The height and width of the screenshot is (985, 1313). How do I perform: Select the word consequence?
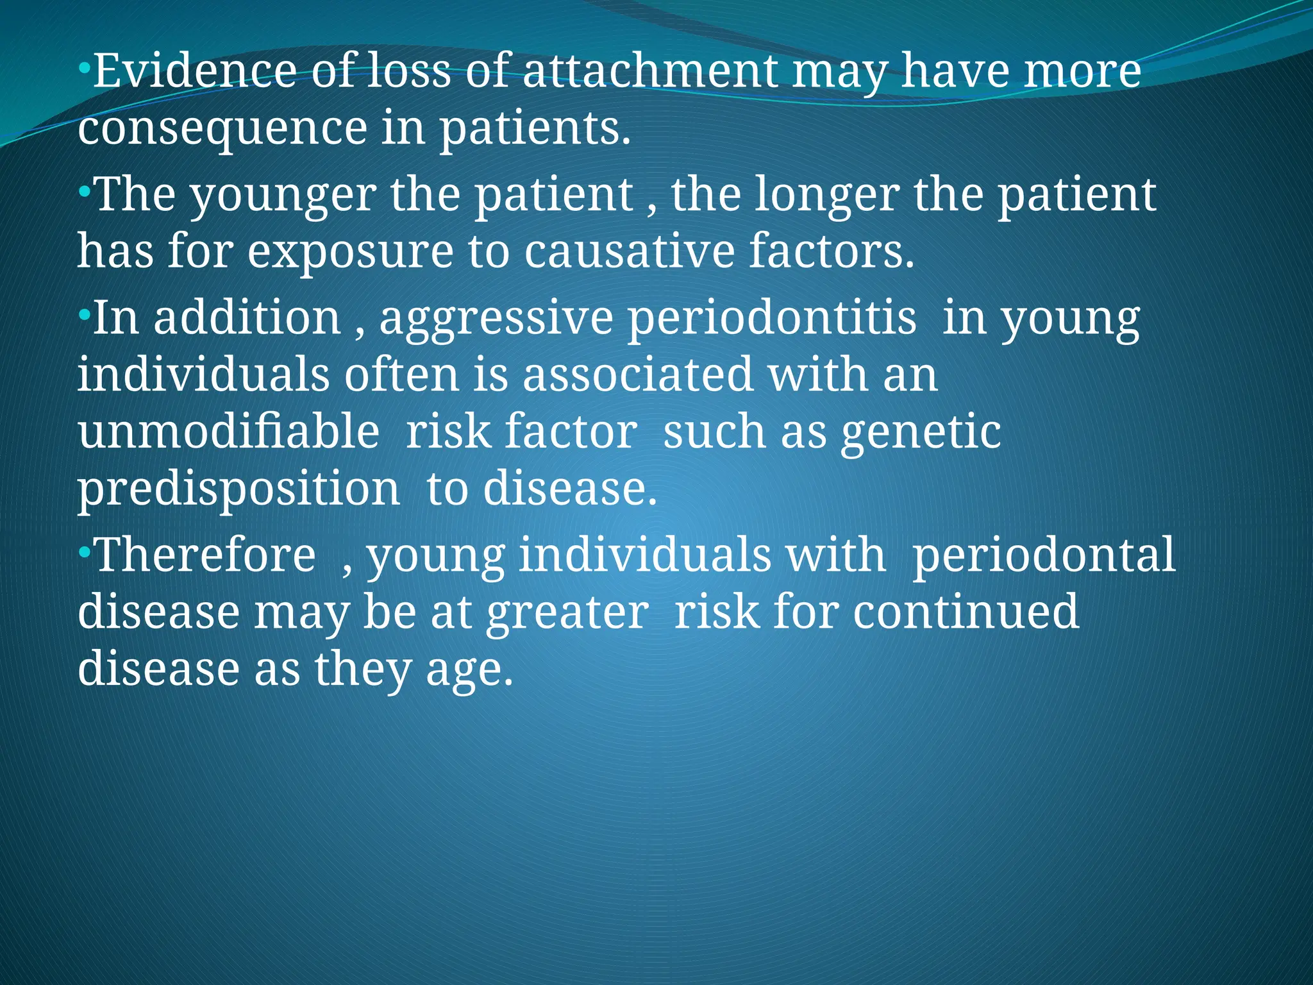point(222,128)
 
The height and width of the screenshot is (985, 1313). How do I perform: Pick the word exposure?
point(350,251)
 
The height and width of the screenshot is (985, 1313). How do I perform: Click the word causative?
point(628,251)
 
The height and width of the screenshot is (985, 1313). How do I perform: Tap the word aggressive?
point(496,319)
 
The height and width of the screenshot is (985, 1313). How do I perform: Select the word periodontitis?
point(772,318)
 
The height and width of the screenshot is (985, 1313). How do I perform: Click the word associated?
point(637,375)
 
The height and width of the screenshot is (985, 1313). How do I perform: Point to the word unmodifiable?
point(228,431)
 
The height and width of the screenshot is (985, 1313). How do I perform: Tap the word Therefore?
point(205,555)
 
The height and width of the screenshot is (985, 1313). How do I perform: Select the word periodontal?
point(1044,555)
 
